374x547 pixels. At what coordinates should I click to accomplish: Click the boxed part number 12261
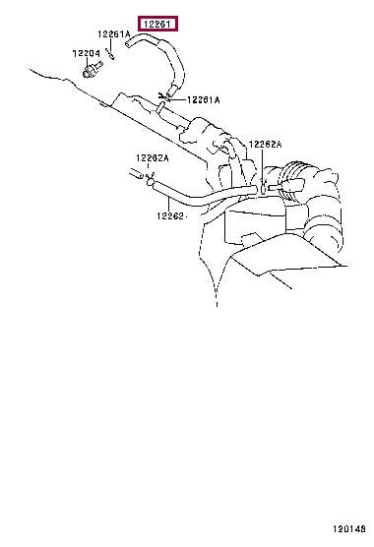click(158, 24)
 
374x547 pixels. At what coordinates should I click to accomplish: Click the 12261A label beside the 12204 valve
click(114, 33)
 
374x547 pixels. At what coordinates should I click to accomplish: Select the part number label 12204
click(86, 53)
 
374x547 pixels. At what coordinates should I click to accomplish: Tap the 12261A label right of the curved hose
click(204, 100)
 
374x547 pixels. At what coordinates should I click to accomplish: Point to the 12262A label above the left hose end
click(153, 158)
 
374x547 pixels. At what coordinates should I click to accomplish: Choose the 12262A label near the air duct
click(265, 144)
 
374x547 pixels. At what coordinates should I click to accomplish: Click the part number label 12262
click(170, 216)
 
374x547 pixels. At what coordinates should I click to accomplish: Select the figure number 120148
click(348, 529)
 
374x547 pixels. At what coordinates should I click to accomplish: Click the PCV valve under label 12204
click(93, 70)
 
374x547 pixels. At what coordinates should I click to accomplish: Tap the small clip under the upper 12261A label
click(110, 55)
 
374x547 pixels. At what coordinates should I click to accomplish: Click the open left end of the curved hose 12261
click(128, 43)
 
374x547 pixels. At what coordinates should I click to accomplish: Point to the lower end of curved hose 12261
click(170, 92)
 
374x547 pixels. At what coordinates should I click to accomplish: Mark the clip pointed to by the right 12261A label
click(163, 96)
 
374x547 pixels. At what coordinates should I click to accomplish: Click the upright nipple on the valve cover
click(160, 107)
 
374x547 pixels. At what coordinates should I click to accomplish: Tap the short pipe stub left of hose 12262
click(136, 173)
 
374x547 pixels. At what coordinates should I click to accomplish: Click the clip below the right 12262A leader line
click(264, 187)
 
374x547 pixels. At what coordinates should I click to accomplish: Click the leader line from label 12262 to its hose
click(169, 205)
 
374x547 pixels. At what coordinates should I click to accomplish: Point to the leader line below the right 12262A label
click(262, 164)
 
